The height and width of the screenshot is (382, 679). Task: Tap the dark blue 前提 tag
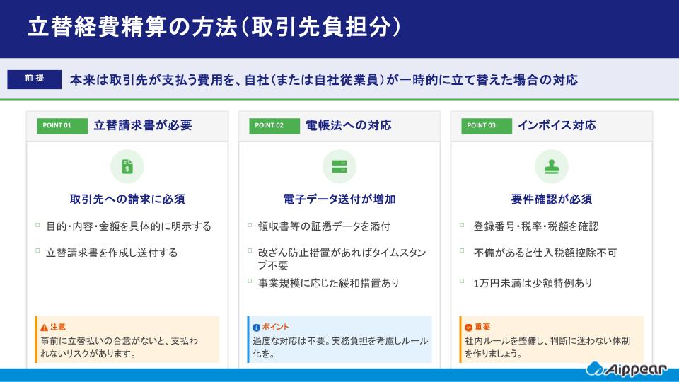coord(34,79)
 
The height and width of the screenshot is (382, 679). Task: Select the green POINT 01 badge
coord(57,126)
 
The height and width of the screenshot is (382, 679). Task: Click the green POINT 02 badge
coord(269,126)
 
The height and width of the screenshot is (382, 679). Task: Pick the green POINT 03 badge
coord(482,126)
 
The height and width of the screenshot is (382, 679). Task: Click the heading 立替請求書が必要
coord(143,126)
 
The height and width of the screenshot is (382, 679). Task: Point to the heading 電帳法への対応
coord(349,126)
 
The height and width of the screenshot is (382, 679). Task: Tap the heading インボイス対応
coord(557,126)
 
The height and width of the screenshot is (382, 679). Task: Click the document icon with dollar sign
coord(127,167)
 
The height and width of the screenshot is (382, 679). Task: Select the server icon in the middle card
coord(339,167)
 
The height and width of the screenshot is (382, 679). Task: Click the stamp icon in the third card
coord(552,167)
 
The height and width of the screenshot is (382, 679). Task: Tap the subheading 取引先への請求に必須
coord(127,199)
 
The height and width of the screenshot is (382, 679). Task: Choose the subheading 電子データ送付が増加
coord(339,199)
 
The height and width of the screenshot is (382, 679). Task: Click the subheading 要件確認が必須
coord(552,199)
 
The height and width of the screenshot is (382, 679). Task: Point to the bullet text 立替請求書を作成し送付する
coord(112,252)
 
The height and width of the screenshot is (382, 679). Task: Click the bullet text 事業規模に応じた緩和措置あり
coord(329,283)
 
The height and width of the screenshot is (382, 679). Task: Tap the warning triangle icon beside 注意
coord(44,328)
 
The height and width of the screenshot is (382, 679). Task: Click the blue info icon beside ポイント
coord(256,328)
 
